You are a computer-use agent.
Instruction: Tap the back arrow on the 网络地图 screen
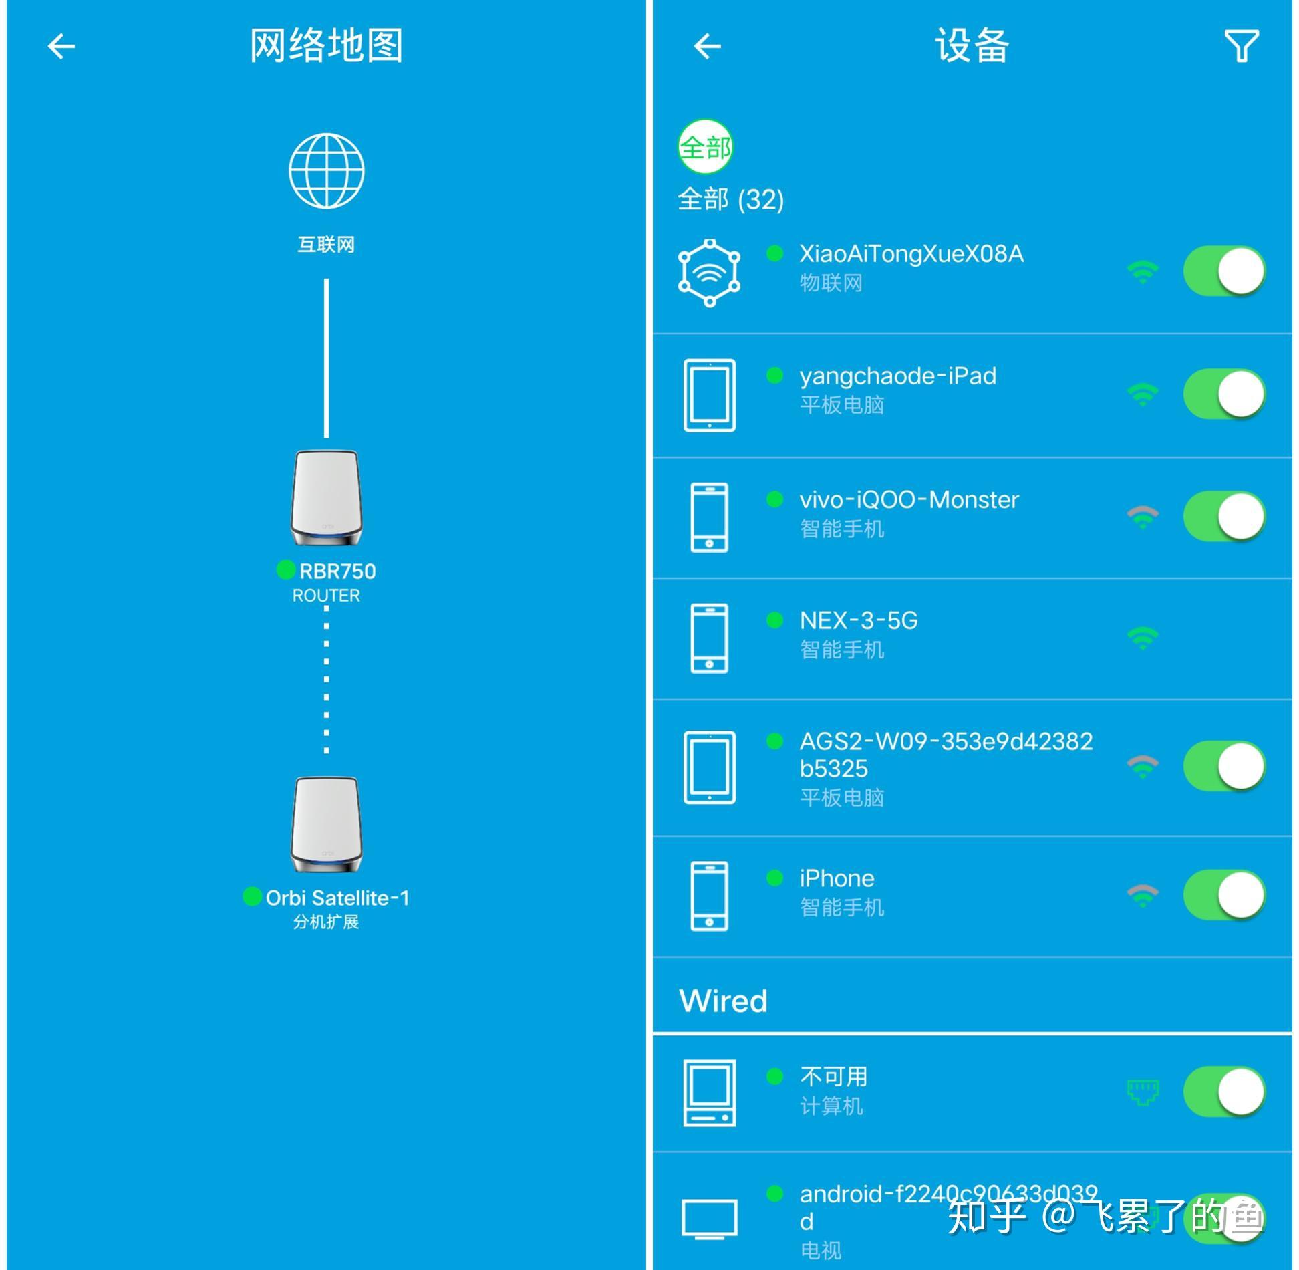click(x=61, y=47)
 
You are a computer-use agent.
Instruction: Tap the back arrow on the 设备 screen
click(x=707, y=47)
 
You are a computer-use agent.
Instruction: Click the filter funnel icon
click(x=1241, y=46)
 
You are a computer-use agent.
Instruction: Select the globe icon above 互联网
click(x=326, y=171)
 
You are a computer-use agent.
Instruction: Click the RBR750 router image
click(x=326, y=499)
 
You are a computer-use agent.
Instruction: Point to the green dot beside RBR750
click(x=286, y=570)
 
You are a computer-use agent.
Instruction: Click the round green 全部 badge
click(x=705, y=147)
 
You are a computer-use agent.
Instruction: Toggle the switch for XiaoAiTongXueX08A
click(x=1223, y=271)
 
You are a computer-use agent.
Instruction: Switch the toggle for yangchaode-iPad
click(x=1223, y=394)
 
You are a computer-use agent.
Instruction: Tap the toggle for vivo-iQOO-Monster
click(x=1223, y=517)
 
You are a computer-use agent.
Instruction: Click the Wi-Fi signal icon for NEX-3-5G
click(x=1143, y=638)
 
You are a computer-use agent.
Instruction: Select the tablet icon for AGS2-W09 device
click(x=709, y=767)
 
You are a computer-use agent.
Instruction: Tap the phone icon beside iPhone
click(x=709, y=896)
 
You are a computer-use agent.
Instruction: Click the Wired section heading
click(x=723, y=1001)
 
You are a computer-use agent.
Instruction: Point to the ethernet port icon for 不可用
click(x=1143, y=1092)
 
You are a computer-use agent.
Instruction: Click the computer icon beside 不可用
click(x=709, y=1093)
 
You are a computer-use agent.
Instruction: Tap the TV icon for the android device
click(x=709, y=1219)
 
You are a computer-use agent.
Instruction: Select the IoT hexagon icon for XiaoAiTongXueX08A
click(x=709, y=273)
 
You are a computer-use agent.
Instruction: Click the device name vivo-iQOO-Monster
click(x=909, y=500)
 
